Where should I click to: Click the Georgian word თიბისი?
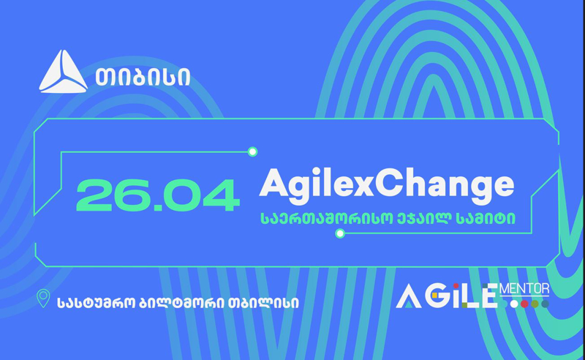(x=143, y=78)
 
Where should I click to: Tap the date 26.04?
(x=157, y=195)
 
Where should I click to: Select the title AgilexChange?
(x=387, y=184)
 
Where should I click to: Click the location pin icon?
(x=43, y=298)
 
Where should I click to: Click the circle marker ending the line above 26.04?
(x=252, y=151)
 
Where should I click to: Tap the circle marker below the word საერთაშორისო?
(x=340, y=233)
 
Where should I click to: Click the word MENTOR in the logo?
(x=524, y=289)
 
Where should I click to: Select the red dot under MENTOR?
(x=524, y=304)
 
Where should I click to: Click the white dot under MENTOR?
(x=514, y=304)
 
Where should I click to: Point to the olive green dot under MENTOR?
(x=535, y=304)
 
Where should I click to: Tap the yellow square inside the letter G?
(x=434, y=296)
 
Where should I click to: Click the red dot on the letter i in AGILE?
(x=456, y=285)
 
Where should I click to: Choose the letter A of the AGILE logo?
(x=409, y=297)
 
